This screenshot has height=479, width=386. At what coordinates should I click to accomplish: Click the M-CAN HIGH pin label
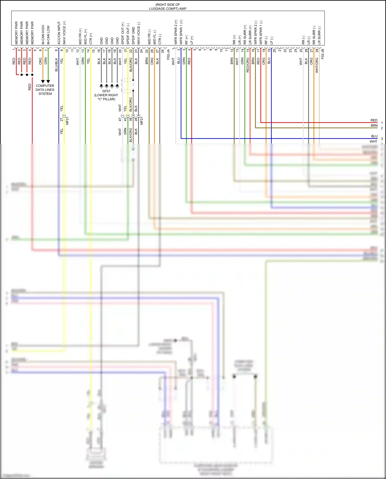43,34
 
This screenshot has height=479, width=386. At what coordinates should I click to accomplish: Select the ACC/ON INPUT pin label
59,33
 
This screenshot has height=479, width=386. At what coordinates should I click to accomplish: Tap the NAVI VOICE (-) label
139,33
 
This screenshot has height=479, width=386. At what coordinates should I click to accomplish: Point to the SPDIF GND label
133,36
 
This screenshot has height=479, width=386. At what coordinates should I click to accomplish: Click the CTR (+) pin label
91,38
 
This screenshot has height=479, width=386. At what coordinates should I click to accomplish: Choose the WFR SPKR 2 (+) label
176,32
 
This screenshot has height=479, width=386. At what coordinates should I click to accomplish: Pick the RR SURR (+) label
245,34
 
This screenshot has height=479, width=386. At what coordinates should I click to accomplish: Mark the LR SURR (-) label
319,35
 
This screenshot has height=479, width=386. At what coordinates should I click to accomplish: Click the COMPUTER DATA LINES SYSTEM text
45,90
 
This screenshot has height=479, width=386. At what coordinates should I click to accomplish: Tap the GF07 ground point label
106,91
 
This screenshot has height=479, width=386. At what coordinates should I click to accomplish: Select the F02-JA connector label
168,54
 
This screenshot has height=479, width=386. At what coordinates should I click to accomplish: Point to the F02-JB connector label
322,54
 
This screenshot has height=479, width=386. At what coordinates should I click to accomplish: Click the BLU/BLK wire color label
56,65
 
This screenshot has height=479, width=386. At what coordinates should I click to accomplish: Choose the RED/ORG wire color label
248,65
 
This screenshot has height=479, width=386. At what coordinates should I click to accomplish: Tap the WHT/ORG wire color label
317,65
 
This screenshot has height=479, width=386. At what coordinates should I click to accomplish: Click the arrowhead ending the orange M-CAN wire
43,81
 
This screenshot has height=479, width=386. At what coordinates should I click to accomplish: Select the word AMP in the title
183,8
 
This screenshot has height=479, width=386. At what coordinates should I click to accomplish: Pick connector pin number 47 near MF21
120,119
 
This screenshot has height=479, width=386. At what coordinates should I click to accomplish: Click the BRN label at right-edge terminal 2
374,126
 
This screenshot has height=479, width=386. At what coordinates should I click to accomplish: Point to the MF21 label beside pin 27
67,121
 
